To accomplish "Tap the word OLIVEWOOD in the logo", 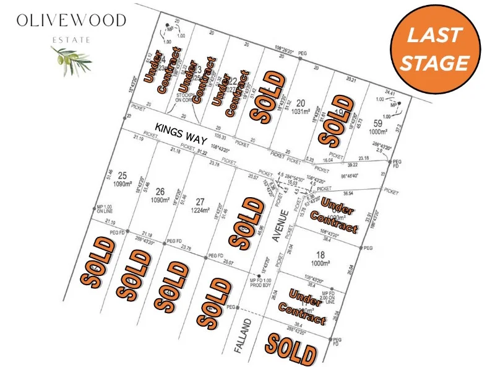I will pyautogui.click(x=72, y=20).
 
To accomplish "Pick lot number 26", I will pyautogui.click(x=160, y=191).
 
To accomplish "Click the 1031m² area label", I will pyautogui.click(x=301, y=111).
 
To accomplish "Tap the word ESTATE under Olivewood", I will pyautogui.click(x=72, y=39).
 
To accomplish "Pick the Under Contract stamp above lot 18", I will pyautogui.click(x=334, y=214).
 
